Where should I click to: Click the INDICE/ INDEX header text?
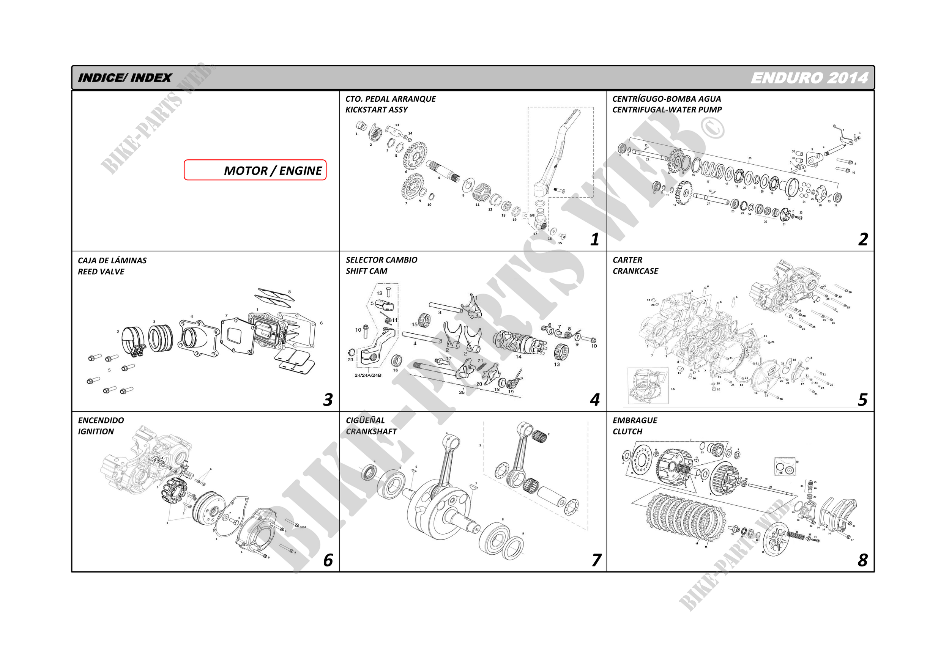125,78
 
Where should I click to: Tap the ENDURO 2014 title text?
809,78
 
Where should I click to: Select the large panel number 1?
594,239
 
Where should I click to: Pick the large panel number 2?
862,239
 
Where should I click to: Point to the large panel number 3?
328,399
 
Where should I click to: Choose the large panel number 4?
594,399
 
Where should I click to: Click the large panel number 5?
862,399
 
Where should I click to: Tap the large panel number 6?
328,560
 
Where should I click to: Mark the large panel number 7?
596,560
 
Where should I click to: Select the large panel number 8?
862,560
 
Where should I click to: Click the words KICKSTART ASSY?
377,110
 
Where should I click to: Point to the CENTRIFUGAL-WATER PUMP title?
667,110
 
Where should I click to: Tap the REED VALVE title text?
101,271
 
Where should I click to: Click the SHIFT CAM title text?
366,271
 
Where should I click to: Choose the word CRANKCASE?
635,271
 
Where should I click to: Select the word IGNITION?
96,431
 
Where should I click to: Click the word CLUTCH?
627,431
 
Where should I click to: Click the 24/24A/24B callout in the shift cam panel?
368,376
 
